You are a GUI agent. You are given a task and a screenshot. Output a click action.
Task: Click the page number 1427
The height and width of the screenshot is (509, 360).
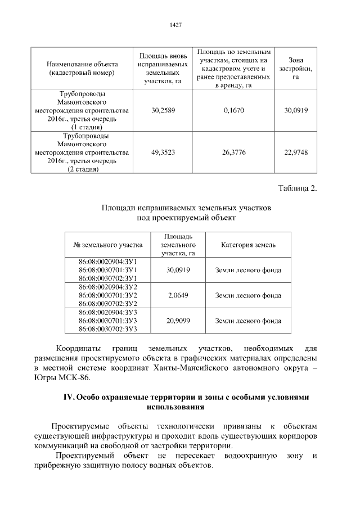click(x=175, y=25)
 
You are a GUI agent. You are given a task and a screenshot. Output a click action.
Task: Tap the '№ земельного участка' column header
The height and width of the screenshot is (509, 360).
click(x=108, y=245)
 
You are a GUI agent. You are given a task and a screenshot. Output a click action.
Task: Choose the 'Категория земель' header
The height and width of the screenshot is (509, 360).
click(x=248, y=245)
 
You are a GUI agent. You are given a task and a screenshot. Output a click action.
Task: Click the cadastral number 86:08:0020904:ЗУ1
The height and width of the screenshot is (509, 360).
click(x=108, y=262)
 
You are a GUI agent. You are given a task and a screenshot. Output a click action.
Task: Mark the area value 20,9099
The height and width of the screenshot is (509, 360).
click(x=178, y=321)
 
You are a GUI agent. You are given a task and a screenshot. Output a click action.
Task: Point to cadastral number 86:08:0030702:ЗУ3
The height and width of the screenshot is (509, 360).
click(x=108, y=329)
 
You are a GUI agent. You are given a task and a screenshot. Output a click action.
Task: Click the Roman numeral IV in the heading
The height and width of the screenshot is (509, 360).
click(x=67, y=397)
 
